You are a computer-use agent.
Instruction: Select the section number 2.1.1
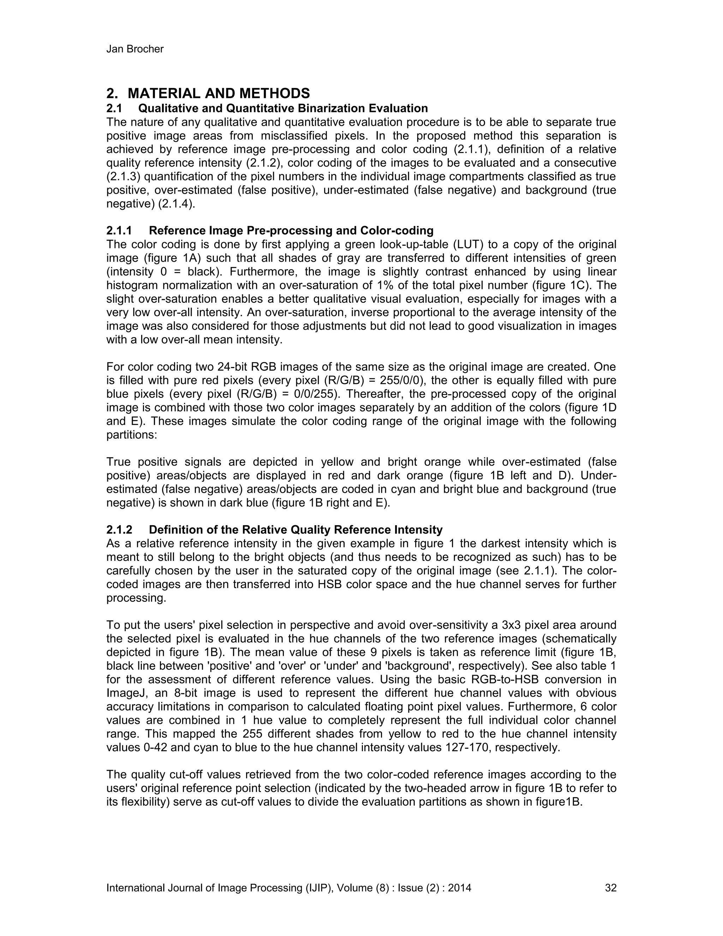pyautogui.click(x=119, y=231)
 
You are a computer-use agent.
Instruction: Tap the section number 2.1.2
pyautogui.click(x=119, y=530)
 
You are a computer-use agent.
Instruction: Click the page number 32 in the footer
pyautogui.click(x=610, y=888)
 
